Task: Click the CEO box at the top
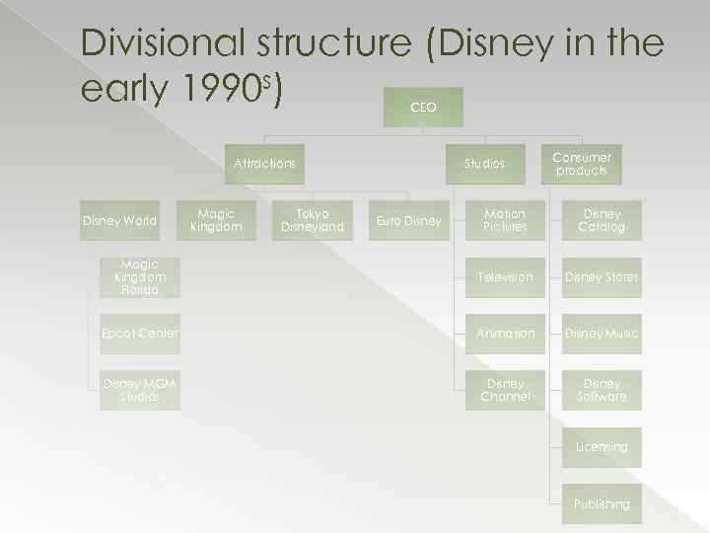[423, 107]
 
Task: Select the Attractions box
[264, 164]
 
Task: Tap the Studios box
[484, 164]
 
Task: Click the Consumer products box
[582, 164]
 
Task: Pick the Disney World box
[119, 221]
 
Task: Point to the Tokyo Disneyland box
[313, 221]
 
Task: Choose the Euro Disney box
[409, 221]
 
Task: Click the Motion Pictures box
[505, 221]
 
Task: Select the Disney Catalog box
[602, 221]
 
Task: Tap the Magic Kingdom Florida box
[140, 277]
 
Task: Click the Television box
[505, 277]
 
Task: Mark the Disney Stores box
[602, 277]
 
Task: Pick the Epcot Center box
[140, 334]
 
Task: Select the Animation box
[505, 334]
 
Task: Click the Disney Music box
[602, 334]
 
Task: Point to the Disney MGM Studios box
[140, 390]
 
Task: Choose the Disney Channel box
[505, 390]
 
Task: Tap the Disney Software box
[602, 390]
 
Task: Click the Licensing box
[602, 447]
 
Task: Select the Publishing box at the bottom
[602, 503]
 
